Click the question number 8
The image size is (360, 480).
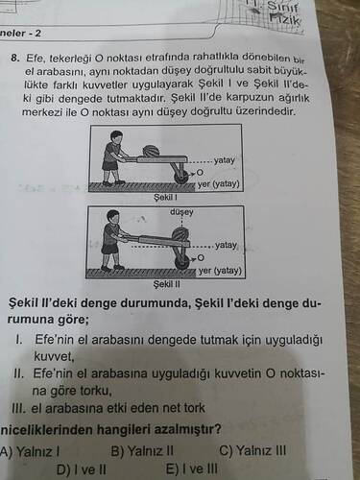click(14, 59)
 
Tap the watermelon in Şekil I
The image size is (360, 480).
click(150, 151)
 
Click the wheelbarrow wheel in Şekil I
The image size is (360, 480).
click(182, 178)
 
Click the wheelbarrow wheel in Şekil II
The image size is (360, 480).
click(182, 263)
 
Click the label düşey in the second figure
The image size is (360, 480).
click(181, 212)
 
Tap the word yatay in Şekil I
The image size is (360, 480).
click(225, 160)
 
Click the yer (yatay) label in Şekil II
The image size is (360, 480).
click(219, 271)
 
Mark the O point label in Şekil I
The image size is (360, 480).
click(200, 173)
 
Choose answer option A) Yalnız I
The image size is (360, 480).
click(30, 451)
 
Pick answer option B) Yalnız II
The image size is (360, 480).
click(142, 451)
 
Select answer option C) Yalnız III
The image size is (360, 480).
click(253, 450)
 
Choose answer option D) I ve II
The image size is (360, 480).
click(82, 469)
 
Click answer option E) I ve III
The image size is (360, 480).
click(192, 469)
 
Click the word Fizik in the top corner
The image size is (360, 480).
click(285, 20)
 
